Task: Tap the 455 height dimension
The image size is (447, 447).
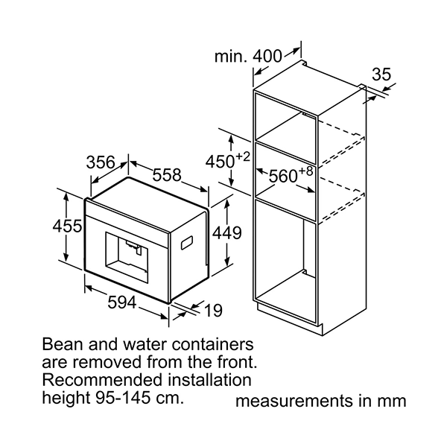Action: pos(67,226)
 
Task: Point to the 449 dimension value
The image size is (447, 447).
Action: pos(227,232)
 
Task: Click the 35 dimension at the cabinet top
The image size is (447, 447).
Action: pos(381,74)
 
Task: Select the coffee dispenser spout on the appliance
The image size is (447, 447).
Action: pos(133,245)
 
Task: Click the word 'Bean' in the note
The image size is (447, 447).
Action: pos(61,346)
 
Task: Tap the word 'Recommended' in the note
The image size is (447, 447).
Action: pos(99,381)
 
